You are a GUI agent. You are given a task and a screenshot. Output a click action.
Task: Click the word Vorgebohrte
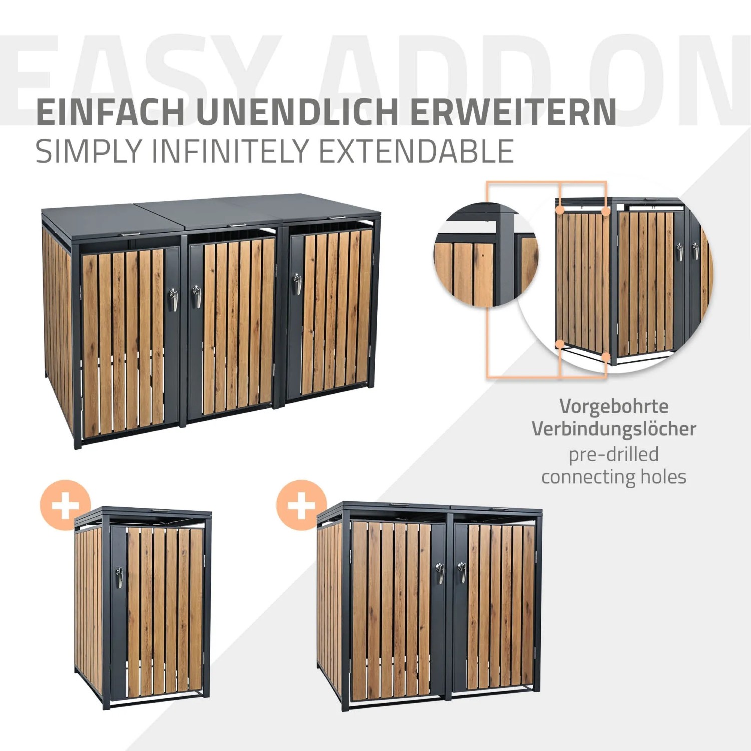pyautogui.click(x=614, y=406)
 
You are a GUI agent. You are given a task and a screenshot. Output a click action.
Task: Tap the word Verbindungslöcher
pyautogui.click(x=614, y=429)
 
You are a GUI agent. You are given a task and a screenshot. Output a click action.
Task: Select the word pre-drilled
pyautogui.click(x=614, y=454)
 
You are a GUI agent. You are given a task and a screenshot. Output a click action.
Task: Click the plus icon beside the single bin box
pyautogui.click(x=65, y=505)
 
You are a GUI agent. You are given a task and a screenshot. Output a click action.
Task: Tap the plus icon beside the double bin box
pyautogui.click(x=301, y=505)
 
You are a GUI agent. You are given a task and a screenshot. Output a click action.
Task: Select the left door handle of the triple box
pyautogui.click(x=173, y=298)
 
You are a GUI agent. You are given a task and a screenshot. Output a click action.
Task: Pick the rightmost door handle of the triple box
pyautogui.click(x=297, y=284)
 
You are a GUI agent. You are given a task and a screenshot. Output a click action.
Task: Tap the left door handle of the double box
pyautogui.click(x=439, y=573)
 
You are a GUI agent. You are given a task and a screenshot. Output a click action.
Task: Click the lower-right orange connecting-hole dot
pyautogui.click(x=606, y=357)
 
